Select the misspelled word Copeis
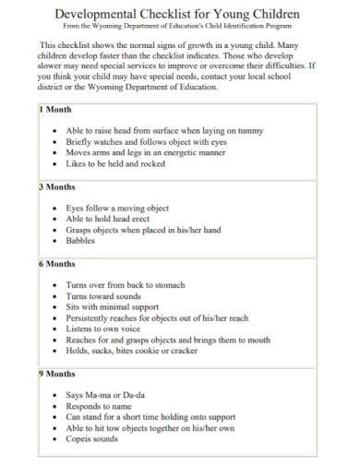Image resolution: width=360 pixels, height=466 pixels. pyautogui.click(x=81, y=439)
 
